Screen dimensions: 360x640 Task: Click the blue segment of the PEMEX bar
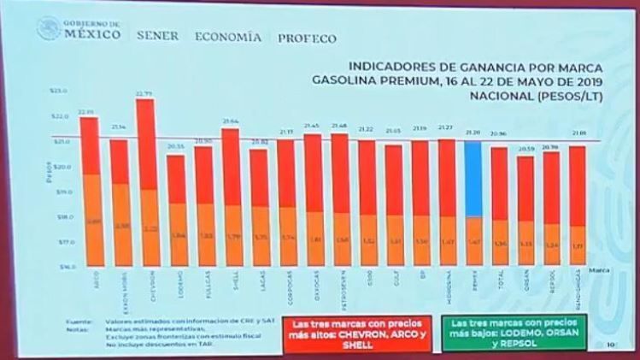pyautogui.click(x=476, y=179)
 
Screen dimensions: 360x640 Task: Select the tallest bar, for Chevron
pyautogui.click(x=146, y=184)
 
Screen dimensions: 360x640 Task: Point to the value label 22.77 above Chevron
pyautogui.click(x=145, y=93)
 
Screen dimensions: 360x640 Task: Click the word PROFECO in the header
pyautogui.click(x=305, y=38)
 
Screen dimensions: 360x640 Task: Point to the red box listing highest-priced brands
pyautogui.click(x=334, y=332)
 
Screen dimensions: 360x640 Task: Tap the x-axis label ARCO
pyautogui.click(x=89, y=280)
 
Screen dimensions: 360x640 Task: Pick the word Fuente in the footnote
pyautogui.click(x=83, y=322)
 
